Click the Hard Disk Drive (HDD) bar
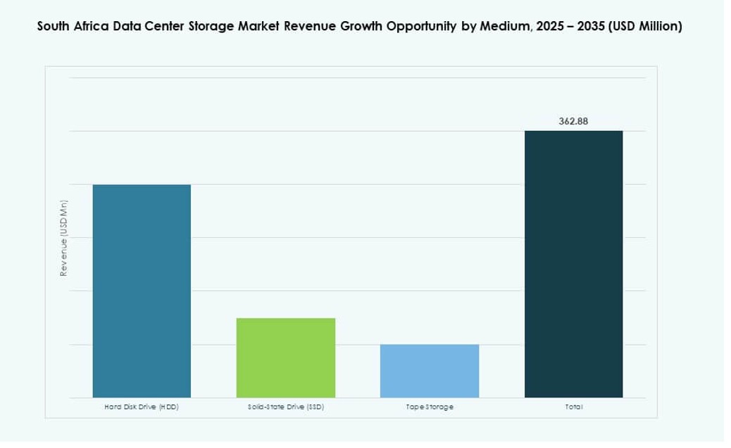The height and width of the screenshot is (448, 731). pyautogui.click(x=142, y=290)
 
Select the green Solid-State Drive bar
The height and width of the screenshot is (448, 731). pyautogui.click(x=285, y=357)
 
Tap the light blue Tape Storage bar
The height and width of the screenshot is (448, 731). pyautogui.click(x=430, y=371)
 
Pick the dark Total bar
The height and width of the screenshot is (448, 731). pyautogui.click(x=573, y=264)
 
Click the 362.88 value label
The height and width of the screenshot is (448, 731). pyautogui.click(x=573, y=121)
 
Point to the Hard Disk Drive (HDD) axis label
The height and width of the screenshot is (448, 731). pyautogui.click(x=142, y=407)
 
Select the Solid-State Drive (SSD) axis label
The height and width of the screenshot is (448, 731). pyautogui.click(x=285, y=407)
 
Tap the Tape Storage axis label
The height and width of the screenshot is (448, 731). pyautogui.click(x=430, y=407)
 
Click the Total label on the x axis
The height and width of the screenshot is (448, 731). pyautogui.click(x=573, y=407)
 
